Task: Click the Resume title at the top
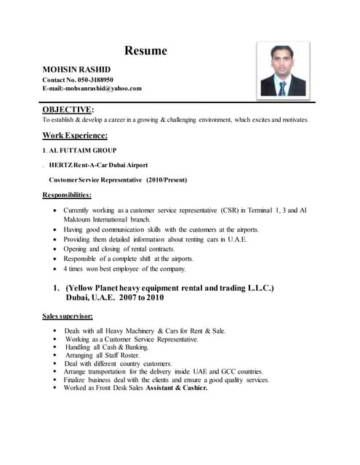[x=145, y=51]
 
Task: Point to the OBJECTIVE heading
[x=66, y=109]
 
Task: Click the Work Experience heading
[x=75, y=135]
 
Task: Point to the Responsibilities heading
[x=67, y=195]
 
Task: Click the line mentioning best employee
[x=124, y=269]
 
